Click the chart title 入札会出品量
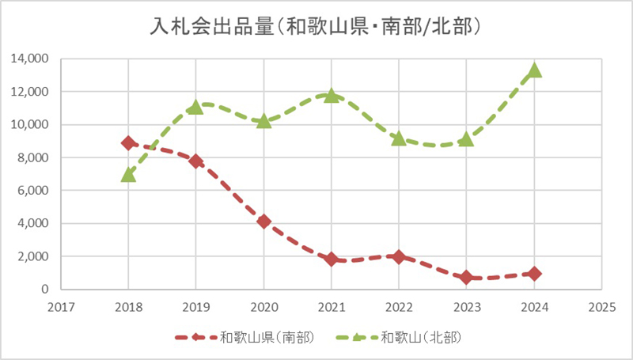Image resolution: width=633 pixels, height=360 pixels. pyautogui.click(x=316, y=26)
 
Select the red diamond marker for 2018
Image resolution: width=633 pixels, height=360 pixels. pyautogui.click(x=128, y=143)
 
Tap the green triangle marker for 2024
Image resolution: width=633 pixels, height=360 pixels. pyautogui.click(x=535, y=70)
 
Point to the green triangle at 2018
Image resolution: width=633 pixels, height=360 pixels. pyautogui.click(x=128, y=174)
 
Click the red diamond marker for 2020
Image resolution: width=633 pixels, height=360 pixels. pyautogui.click(x=263, y=222)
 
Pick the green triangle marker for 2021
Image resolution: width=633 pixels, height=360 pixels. pyautogui.click(x=332, y=95)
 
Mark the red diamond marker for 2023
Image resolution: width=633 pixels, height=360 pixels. pyautogui.click(x=467, y=277)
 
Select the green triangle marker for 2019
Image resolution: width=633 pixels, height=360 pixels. pyautogui.click(x=196, y=107)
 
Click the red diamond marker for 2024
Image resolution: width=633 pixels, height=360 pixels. pyautogui.click(x=535, y=274)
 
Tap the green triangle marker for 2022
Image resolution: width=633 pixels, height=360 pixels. pyautogui.click(x=399, y=138)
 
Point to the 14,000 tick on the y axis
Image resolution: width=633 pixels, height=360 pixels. pyautogui.click(x=30, y=59)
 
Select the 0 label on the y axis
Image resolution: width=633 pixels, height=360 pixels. pyautogui.click(x=46, y=290)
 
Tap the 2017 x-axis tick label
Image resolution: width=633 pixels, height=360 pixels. pyautogui.click(x=60, y=305)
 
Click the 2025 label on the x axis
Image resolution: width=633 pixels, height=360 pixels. pyautogui.click(x=602, y=305)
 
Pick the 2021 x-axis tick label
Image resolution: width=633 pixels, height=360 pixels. pyautogui.click(x=332, y=305)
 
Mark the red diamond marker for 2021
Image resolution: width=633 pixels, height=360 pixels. pyautogui.click(x=332, y=259)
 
